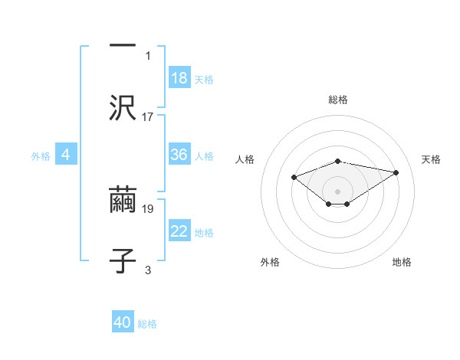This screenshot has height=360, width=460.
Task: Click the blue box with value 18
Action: click(179, 78)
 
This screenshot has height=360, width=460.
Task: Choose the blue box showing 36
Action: click(179, 155)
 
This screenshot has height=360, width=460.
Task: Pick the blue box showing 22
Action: click(179, 231)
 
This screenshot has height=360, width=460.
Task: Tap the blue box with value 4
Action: click(66, 155)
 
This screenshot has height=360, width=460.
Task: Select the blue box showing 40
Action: click(123, 322)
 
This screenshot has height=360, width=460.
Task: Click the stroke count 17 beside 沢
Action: click(148, 116)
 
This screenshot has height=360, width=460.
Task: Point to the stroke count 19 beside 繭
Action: click(148, 208)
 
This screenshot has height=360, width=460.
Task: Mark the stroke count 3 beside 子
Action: click(148, 270)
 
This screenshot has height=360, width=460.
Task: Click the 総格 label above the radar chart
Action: click(338, 100)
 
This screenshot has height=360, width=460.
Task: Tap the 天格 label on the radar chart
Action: click(431, 159)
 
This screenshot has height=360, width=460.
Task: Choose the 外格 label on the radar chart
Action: click(270, 262)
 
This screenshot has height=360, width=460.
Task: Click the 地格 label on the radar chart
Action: click(402, 262)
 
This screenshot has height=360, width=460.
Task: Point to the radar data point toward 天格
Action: click(396, 172)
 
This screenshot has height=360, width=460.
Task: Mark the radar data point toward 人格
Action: click(294, 178)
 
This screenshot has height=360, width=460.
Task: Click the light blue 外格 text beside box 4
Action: click(41, 155)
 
